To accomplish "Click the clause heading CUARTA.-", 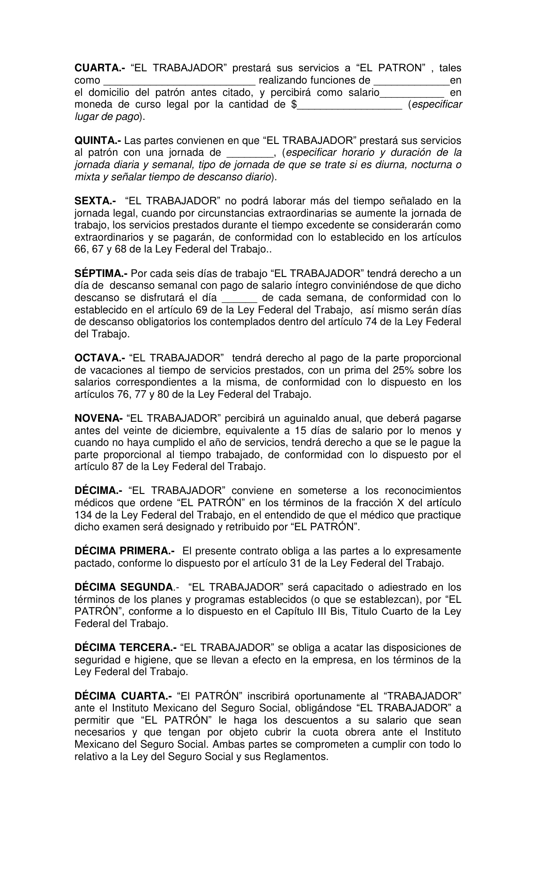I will coord(99,68).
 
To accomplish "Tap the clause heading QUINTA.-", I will coord(98,141).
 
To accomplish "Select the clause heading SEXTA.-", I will coord(95,201).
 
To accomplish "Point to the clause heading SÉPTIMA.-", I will coord(101,274).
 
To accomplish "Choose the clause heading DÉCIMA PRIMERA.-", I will coord(124,551).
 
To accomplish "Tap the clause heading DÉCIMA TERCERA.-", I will coord(126,647).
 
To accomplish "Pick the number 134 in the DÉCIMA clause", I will coord(83,515).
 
